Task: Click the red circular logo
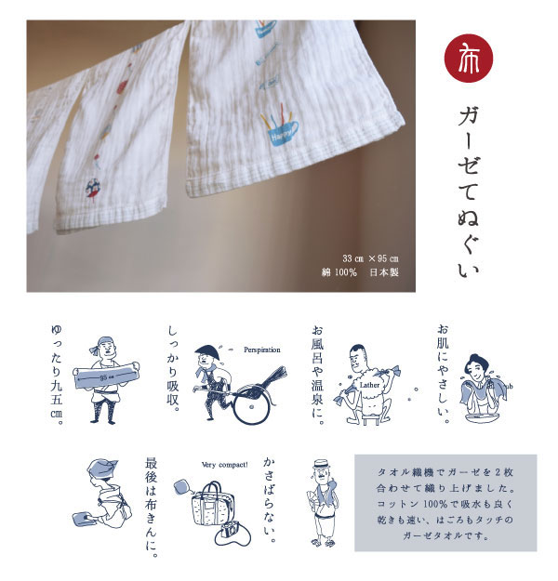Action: click(x=469, y=59)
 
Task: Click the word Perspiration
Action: click(x=262, y=350)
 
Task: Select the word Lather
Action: click(x=369, y=385)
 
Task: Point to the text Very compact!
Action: click(x=225, y=465)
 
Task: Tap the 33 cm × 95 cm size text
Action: click(x=370, y=258)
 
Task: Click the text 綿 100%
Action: click(x=339, y=272)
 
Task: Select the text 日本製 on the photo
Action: click(x=384, y=272)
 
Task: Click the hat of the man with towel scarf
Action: click(x=322, y=464)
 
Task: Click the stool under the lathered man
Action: click(x=370, y=419)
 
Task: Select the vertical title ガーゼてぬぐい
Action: click(x=468, y=191)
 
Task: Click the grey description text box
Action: click(x=445, y=503)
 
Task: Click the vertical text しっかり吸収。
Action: click(x=173, y=369)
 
